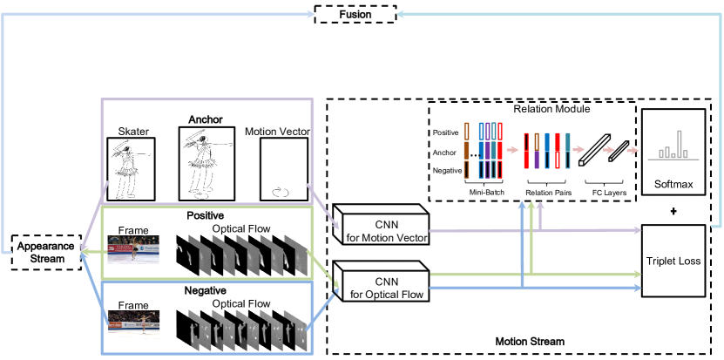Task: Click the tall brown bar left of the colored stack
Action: (x=466, y=150)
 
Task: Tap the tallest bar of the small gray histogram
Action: (x=679, y=144)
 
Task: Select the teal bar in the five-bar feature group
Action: (x=567, y=150)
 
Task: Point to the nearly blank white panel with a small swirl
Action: (x=284, y=169)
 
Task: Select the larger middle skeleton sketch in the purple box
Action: (x=206, y=163)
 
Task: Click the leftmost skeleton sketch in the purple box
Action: (x=131, y=169)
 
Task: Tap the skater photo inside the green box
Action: (x=133, y=249)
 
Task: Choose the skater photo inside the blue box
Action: (x=133, y=323)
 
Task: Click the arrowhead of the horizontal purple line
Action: (x=639, y=230)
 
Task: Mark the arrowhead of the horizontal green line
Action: (x=639, y=275)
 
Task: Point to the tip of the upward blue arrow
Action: (x=522, y=202)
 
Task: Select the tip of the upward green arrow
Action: (x=531, y=202)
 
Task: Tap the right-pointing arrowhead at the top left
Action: (x=311, y=14)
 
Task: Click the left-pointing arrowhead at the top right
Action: (x=400, y=14)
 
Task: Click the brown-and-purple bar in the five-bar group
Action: (x=537, y=150)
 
